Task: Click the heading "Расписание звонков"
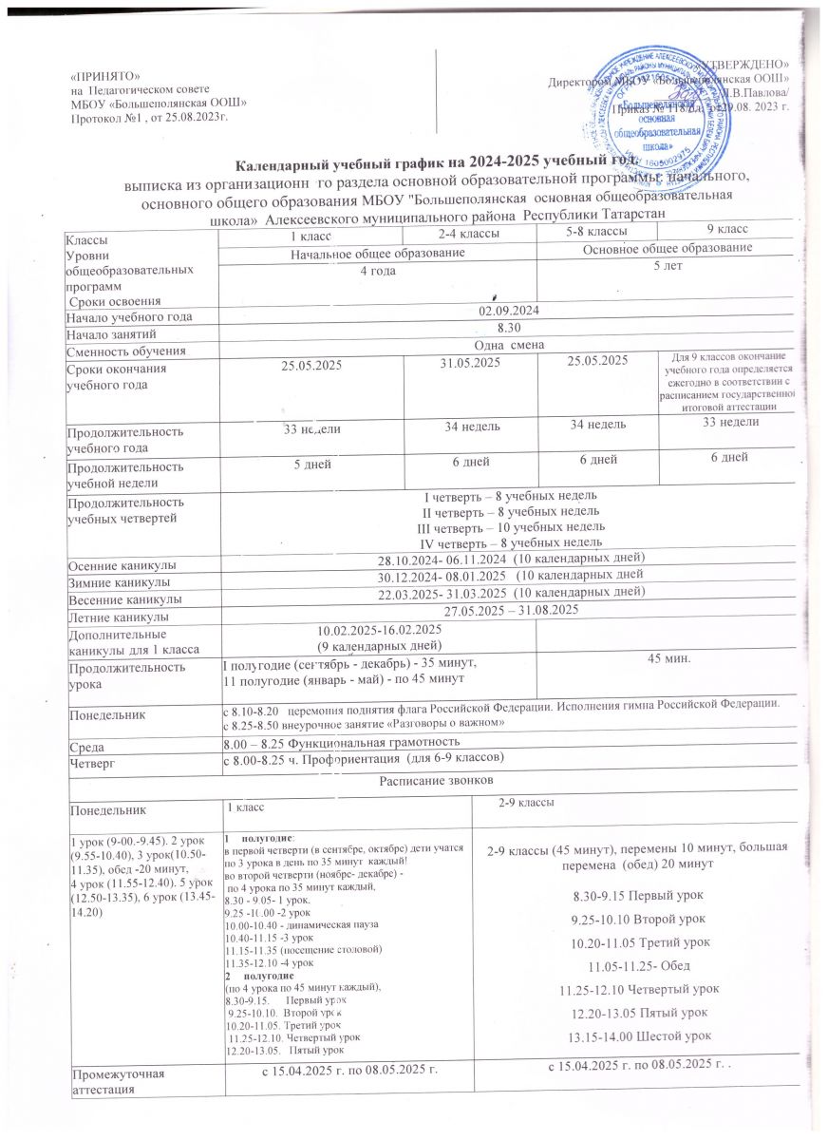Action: click(x=435, y=781)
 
